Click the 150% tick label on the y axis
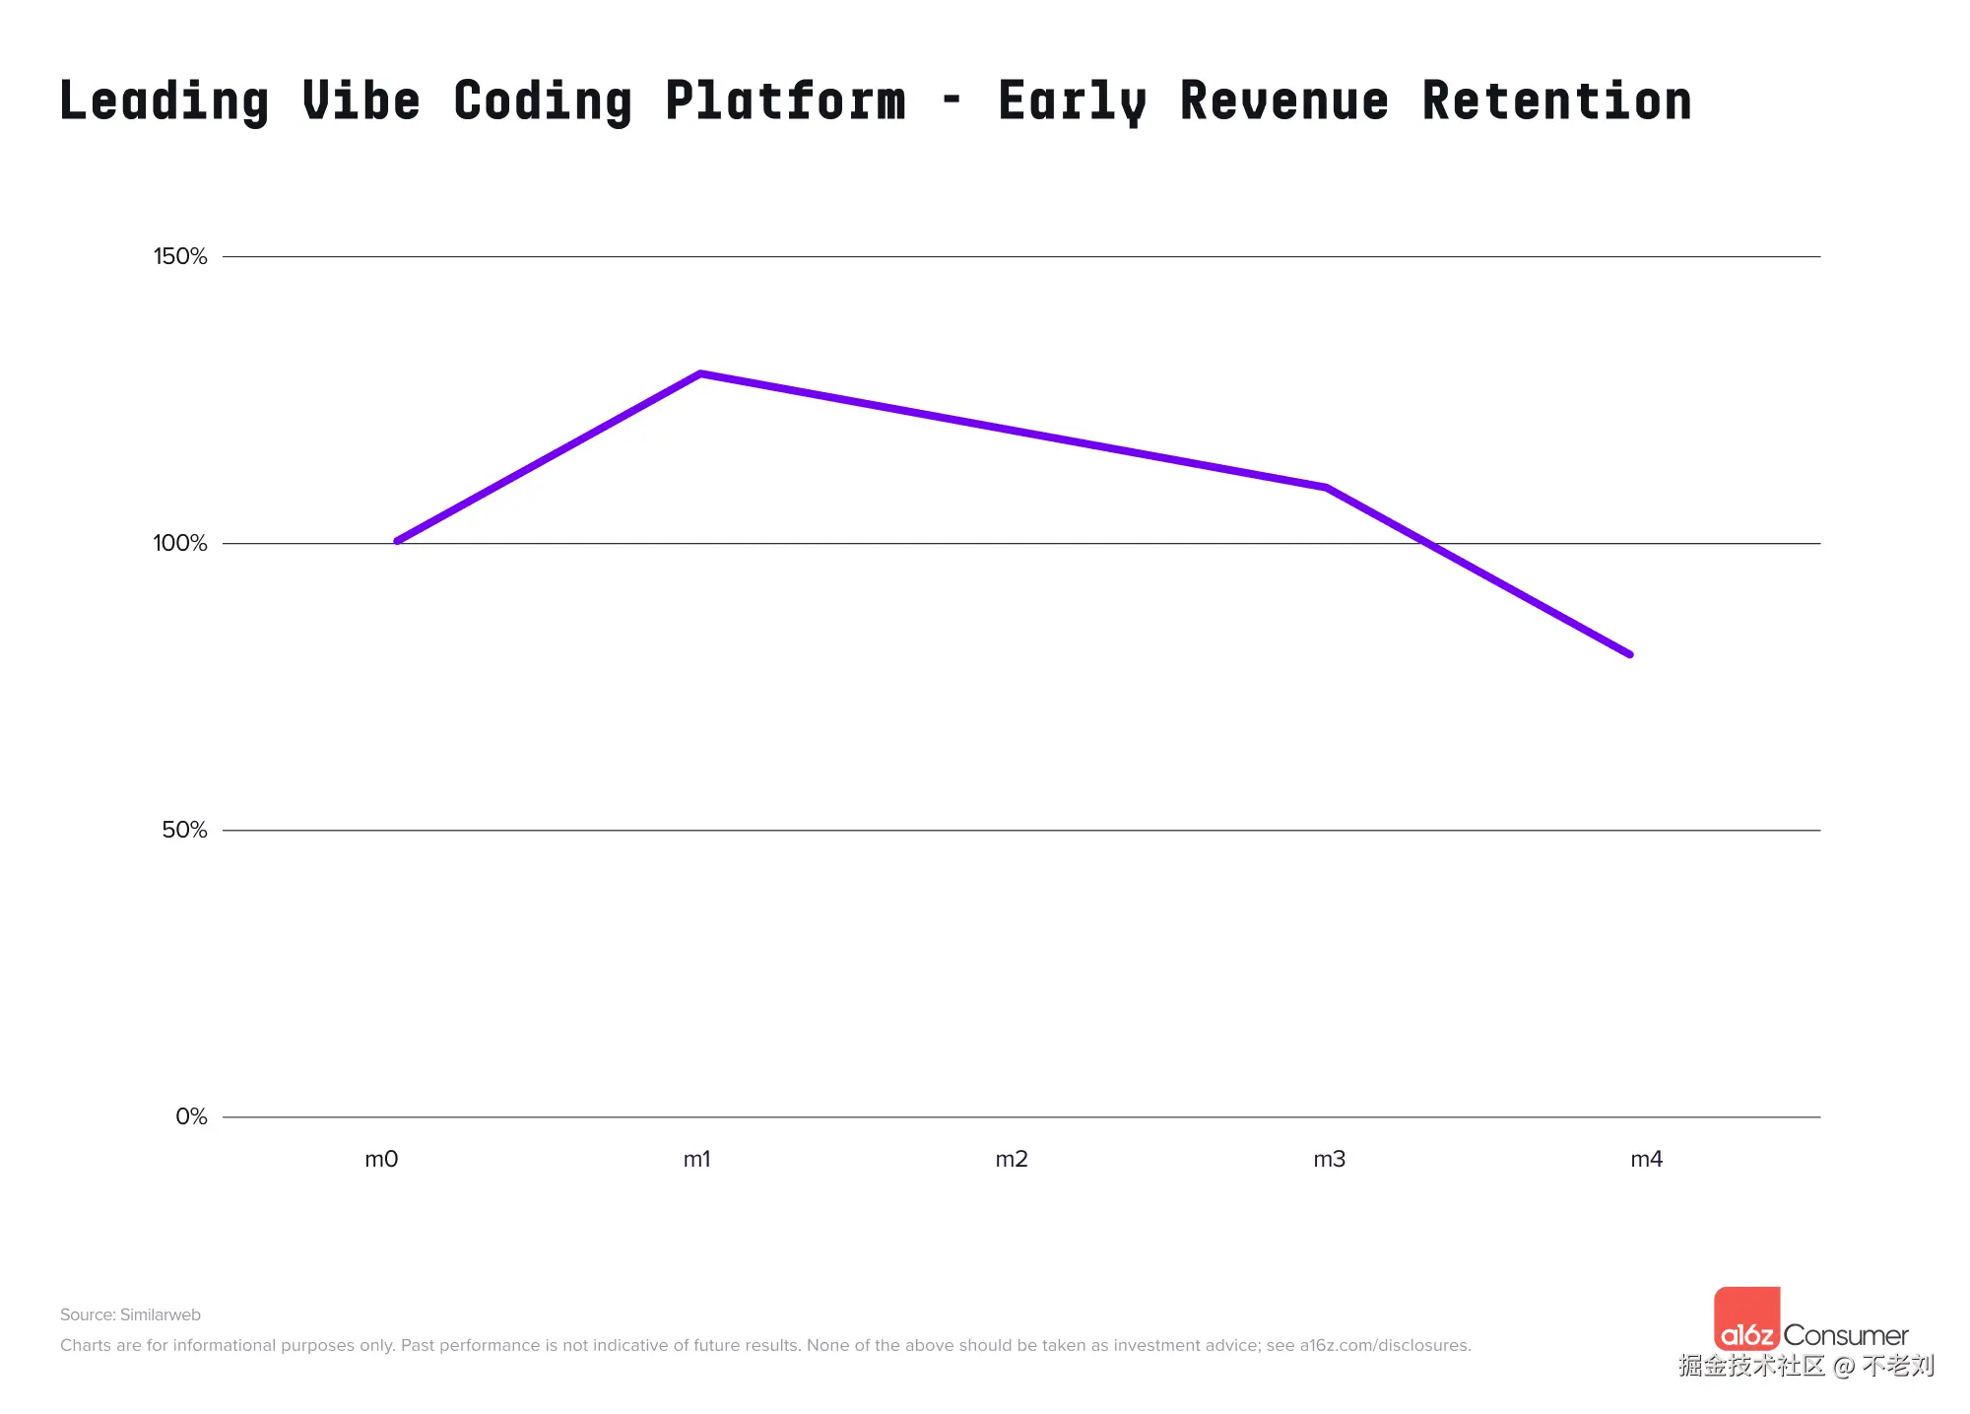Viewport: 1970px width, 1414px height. [180, 257]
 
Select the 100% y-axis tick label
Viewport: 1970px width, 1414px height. [180, 544]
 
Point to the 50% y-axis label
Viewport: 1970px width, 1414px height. [184, 831]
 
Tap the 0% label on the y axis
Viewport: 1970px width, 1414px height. [191, 1117]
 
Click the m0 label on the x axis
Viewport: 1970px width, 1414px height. [381, 1160]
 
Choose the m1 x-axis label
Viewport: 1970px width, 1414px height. [696, 1160]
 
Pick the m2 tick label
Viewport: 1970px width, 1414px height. [1012, 1160]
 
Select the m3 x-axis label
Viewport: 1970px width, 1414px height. [1329, 1160]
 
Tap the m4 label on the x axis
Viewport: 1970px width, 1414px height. [1646, 1160]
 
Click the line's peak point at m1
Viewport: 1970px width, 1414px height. [699, 374]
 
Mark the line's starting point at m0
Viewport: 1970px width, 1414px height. [397, 541]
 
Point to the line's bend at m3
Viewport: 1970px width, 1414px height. [1327, 488]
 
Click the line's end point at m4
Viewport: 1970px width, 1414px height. [1629, 654]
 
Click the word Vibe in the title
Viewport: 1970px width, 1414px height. [361, 101]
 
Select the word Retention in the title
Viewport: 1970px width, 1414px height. [1556, 101]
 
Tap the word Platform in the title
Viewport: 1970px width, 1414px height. [785, 101]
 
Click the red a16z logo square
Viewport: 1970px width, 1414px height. [1746, 1318]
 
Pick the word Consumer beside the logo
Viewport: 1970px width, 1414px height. [1845, 1336]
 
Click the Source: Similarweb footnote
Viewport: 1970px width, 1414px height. [130, 1315]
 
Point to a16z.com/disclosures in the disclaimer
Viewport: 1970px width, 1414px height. [1384, 1346]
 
